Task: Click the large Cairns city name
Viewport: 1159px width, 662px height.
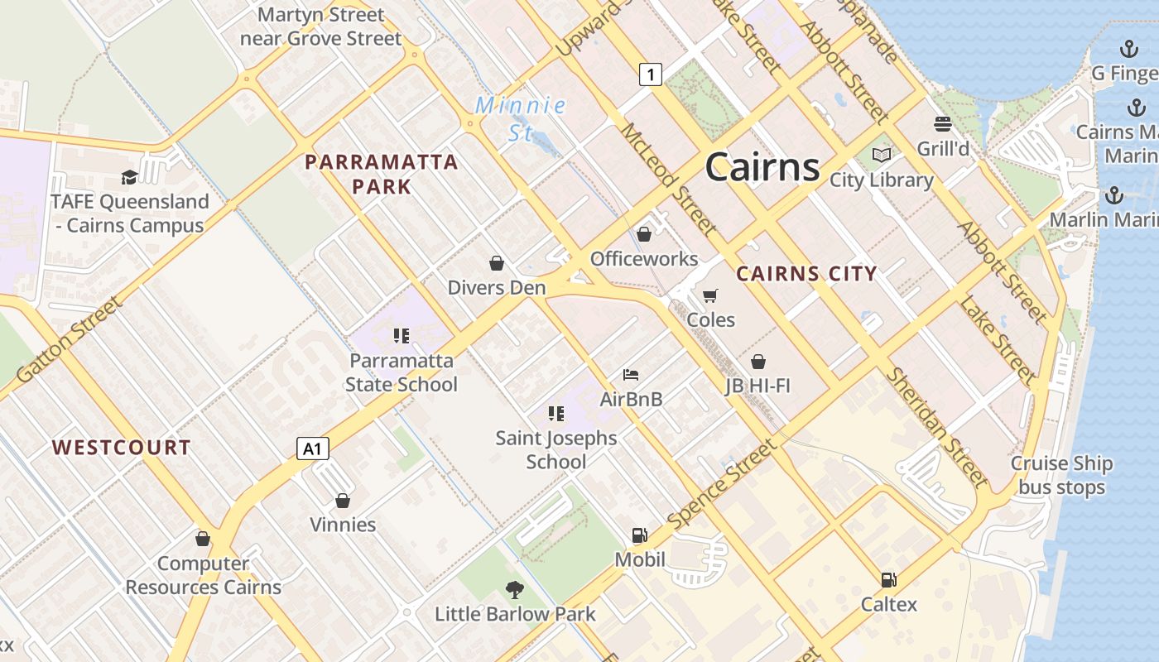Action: [x=762, y=168]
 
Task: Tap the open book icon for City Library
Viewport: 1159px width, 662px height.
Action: [x=882, y=156]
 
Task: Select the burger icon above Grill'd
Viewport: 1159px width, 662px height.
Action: [x=942, y=124]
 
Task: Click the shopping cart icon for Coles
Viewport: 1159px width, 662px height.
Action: [x=710, y=295]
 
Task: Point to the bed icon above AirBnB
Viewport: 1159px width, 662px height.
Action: [x=631, y=375]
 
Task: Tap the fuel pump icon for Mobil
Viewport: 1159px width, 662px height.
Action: [x=639, y=535]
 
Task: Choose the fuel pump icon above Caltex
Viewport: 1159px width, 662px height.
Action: [x=888, y=580]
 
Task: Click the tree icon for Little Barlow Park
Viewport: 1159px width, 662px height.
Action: [x=515, y=590]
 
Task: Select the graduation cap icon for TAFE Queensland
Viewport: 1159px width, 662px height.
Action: [x=129, y=177]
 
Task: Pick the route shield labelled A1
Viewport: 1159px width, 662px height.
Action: [x=312, y=449]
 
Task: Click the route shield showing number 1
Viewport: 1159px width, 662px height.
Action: [x=651, y=74]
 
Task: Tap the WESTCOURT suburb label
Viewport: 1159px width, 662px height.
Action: [x=122, y=448]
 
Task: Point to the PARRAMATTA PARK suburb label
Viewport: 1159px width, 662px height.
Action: [x=382, y=174]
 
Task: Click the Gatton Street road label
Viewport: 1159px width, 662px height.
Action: [x=70, y=340]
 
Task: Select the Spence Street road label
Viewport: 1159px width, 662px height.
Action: [x=723, y=484]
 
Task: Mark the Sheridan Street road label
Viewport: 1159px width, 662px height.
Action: [x=937, y=427]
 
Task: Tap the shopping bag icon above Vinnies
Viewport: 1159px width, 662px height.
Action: [x=343, y=501]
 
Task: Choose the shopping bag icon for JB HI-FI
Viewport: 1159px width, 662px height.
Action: [x=758, y=362]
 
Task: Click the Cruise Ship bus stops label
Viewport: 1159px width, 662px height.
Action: [x=1061, y=475]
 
